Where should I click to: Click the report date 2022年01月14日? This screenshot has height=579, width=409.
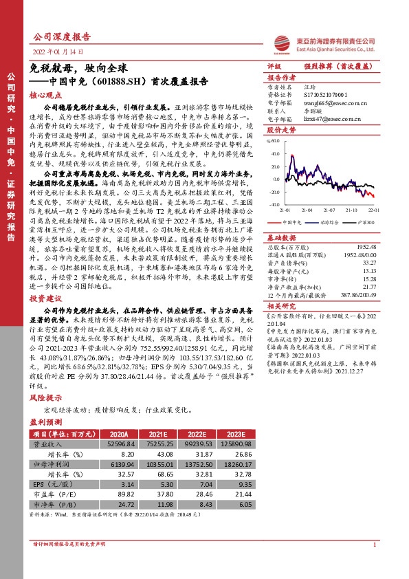pos(58,52)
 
